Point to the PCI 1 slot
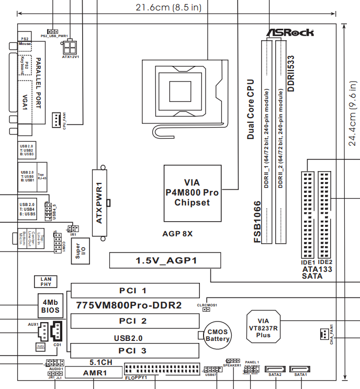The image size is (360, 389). [136, 290]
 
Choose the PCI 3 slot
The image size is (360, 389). [136, 350]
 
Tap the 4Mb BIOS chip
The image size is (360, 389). [51, 306]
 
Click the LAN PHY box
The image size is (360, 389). [46, 282]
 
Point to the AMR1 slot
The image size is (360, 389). [95, 373]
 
